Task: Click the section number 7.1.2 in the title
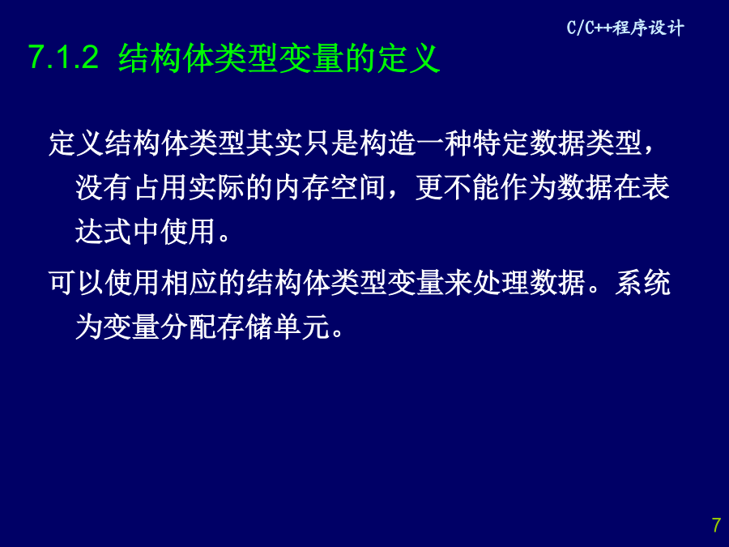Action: pyautogui.click(x=64, y=58)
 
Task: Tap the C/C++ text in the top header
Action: pyautogui.click(x=589, y=28)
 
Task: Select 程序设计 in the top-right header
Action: pyautogui.click(x=648, y=28)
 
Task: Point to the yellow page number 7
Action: pyautogui.click(x=716, y=525)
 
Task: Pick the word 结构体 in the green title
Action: pyautogui.click(x=166, y=58)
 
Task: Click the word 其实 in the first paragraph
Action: pyautogui.click(x=274, y=143)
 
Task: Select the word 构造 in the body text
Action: pyautogui.click(x=387, y=143)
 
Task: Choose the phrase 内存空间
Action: pyautogui.click(x=330, y=187)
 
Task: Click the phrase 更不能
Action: pyautogui.click(x=458, y=187)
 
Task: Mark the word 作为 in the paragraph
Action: pyautogui.click(x=528, y=187)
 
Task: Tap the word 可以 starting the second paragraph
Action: pyautogui.click(x=77, y=282)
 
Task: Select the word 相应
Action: pyautogui.click(x=190, y=282)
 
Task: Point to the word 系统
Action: pyautogui.click(x=642, y=282)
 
